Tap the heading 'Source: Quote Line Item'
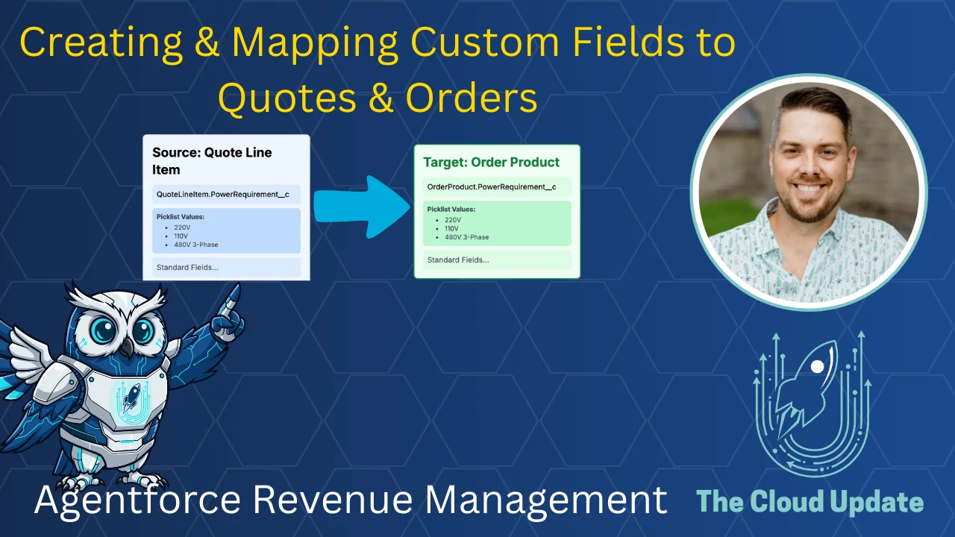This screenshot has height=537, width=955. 212,161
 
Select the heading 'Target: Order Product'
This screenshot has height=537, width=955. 491,162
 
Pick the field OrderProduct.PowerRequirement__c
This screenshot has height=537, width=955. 491,186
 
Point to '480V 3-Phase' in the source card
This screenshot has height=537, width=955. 195,245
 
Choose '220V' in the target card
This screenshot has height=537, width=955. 453,220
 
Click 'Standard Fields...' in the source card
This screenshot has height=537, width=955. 187,267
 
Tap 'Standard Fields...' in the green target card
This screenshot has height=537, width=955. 457,260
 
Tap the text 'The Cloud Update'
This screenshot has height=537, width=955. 810,501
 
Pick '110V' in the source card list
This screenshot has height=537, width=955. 181,236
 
